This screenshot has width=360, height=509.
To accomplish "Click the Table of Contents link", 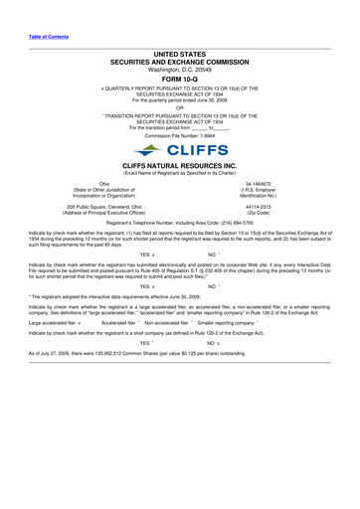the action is coord(48,37).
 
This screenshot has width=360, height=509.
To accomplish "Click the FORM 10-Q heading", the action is coord(179,81).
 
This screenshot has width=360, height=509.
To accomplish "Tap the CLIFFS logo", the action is coord(179,149).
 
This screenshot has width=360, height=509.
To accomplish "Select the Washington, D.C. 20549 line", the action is coord(179,71).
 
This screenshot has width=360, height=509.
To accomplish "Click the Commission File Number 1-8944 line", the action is coord(179,134).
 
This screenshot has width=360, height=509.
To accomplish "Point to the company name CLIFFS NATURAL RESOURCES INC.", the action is coord(179,166).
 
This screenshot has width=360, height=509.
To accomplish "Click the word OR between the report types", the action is coord(179,107).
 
